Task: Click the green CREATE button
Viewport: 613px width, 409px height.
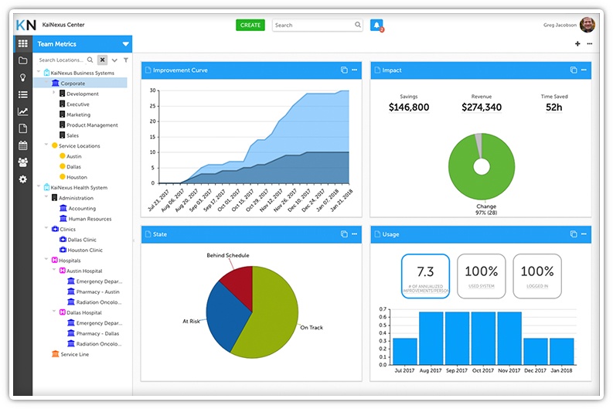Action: click(250, 25)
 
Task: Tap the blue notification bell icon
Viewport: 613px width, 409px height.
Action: click(376, 25)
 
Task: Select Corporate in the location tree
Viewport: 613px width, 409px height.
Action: click(73, 84)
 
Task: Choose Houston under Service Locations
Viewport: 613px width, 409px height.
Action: click(77, 177)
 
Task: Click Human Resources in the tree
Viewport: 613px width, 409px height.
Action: click(90, 219)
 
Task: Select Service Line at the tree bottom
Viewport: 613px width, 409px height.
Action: click(74, 354)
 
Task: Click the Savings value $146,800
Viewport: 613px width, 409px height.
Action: click(409, 107)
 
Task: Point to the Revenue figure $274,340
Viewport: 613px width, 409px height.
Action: click(481, 107)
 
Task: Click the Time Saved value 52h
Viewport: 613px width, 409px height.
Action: click(553, 107)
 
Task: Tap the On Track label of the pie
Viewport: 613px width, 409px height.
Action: click(312, 328)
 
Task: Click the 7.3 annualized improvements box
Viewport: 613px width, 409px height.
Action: click(424, 275)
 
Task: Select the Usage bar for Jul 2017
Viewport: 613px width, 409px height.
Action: click(405, 351)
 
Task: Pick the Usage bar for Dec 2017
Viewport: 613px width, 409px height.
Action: click(536, 351)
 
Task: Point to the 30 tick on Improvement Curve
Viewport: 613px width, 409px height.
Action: click(153, 90)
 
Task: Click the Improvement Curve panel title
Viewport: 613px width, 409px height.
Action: click(180, 70)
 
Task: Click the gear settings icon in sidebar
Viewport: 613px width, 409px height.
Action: click(22, 179)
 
